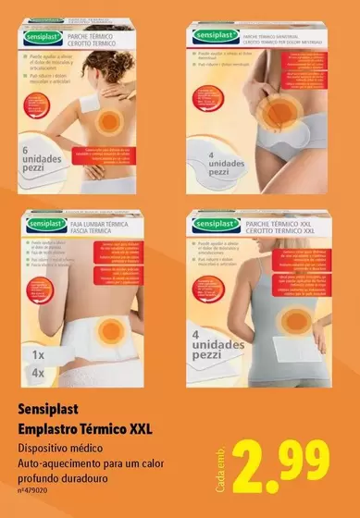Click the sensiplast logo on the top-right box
pyautogui.click(x=218, y=37)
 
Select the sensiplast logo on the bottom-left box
pyautogui.click(x=42, y=223)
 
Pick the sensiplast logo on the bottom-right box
pyautogui.click(x=219, y=223)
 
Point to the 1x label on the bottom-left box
pyautogui.click(x=38, y=354)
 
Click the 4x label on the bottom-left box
pyautogui.click(x=38, y=371)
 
